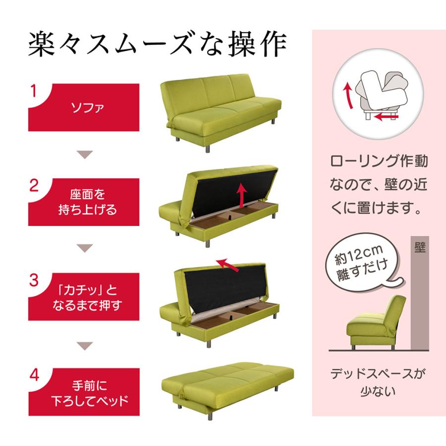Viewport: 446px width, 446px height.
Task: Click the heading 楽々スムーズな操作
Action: (x=158, y=45)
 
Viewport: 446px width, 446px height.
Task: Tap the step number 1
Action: (x=34, y=91)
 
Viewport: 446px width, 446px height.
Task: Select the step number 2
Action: (x=34, y=186)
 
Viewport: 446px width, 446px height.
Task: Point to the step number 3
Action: (x=34, y=280)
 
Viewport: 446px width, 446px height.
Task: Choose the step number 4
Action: (x=34, y=375)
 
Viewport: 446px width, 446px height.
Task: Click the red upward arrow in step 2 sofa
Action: (x=242, y=195)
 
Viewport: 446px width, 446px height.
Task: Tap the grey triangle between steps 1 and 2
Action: (x=85, y=155)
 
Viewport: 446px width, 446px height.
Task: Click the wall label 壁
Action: (x=419, y=247)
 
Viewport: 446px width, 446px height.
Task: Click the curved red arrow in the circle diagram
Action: (x=348, y=95)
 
